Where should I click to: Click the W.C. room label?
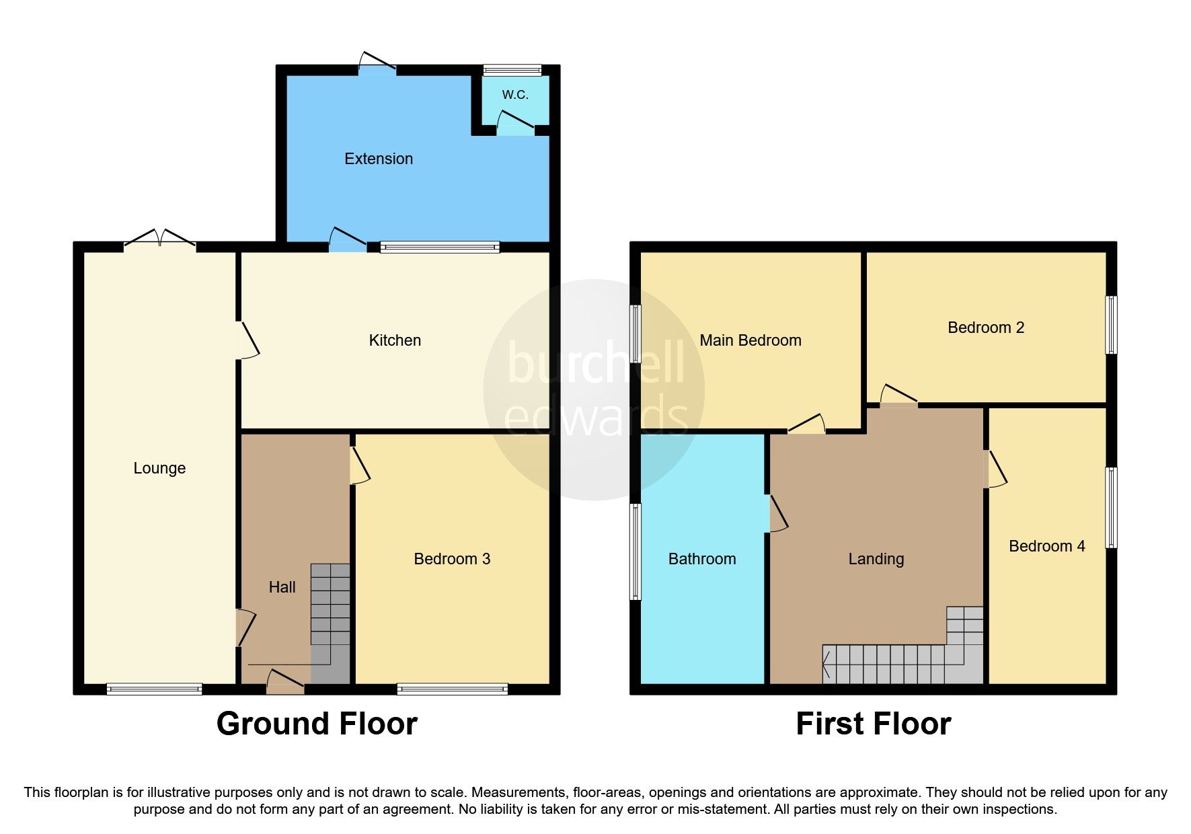(x=515, y=95)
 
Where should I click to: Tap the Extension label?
(x=379, y=159)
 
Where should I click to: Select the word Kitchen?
(x=395, y=340)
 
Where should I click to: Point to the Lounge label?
(x=159, y=468)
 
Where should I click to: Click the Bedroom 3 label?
(x=452, y=559)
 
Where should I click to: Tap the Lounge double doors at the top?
(x=159, y=240)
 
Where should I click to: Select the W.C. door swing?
(x=514, y=122)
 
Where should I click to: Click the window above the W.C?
(x=512, y=70)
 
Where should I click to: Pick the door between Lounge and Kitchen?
(x=246, y=340)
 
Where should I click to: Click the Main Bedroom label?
(x=751, y=340)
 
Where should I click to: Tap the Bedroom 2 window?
(x=1112, y=325)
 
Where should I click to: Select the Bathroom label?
(x=702, y=559)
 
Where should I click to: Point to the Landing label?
(x=876, y=559)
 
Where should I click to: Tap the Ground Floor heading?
(x=317, y=724)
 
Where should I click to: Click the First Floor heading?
(x=873, y=724)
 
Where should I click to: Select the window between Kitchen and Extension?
(x=440, y=247)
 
